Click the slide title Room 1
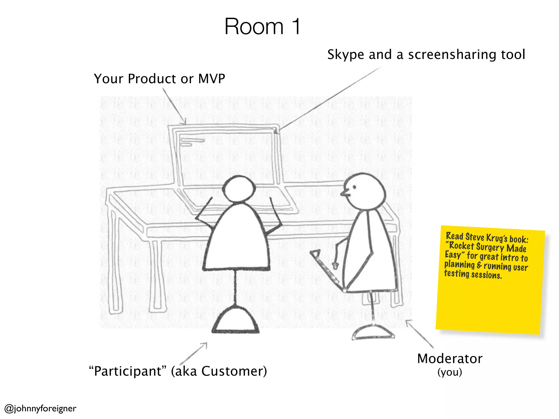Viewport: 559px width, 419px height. point(262,26)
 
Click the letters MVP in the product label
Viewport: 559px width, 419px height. point(212,79)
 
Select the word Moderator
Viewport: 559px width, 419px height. point(450,358)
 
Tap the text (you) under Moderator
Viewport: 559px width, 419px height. point(450,372)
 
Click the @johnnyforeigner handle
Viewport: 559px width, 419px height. point(40,408)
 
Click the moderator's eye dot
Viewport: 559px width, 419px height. point(354,187)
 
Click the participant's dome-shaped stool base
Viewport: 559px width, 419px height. point(236,321)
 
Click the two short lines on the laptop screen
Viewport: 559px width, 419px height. point(192,142)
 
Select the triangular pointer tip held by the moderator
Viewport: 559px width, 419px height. point(316,254)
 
